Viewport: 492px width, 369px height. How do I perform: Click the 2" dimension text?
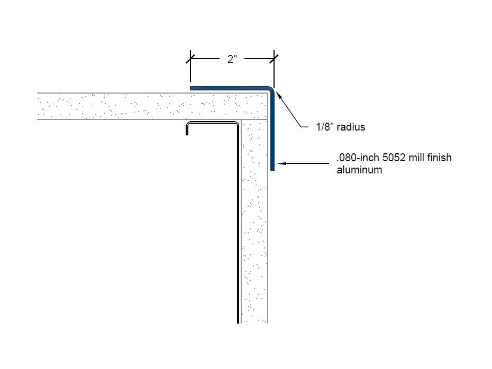(x=232, y=60)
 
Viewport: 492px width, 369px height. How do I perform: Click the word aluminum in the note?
(x=359, y=170)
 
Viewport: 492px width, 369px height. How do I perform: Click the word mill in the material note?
(x=419, y=158)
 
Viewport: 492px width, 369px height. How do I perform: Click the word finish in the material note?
(x=440, y=158)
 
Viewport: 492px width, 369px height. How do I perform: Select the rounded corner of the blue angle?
(x=270, y=90)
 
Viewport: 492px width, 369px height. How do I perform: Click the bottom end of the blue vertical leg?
(x=272, y=169)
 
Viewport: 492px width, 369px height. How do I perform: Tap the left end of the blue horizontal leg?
(x=192, y=88)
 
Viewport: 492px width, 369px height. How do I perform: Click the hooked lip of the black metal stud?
(x=188, y=129)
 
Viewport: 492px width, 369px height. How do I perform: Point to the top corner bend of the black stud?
(x=236, y=125)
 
